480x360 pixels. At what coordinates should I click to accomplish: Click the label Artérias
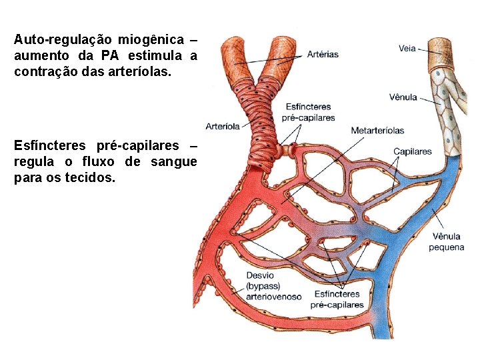point(323,54)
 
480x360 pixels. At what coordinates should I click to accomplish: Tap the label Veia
point(408,48)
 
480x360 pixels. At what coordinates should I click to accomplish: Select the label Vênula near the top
point(403,97)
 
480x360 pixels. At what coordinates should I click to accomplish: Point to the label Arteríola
point(223,126)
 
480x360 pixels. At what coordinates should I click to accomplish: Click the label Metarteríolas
point(377,130)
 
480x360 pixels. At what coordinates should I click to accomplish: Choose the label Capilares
point(412,151)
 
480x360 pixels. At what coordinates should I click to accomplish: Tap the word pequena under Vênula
point(446,247)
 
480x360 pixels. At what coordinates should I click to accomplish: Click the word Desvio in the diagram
point(260,275)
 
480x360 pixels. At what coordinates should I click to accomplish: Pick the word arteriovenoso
point(273,296)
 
